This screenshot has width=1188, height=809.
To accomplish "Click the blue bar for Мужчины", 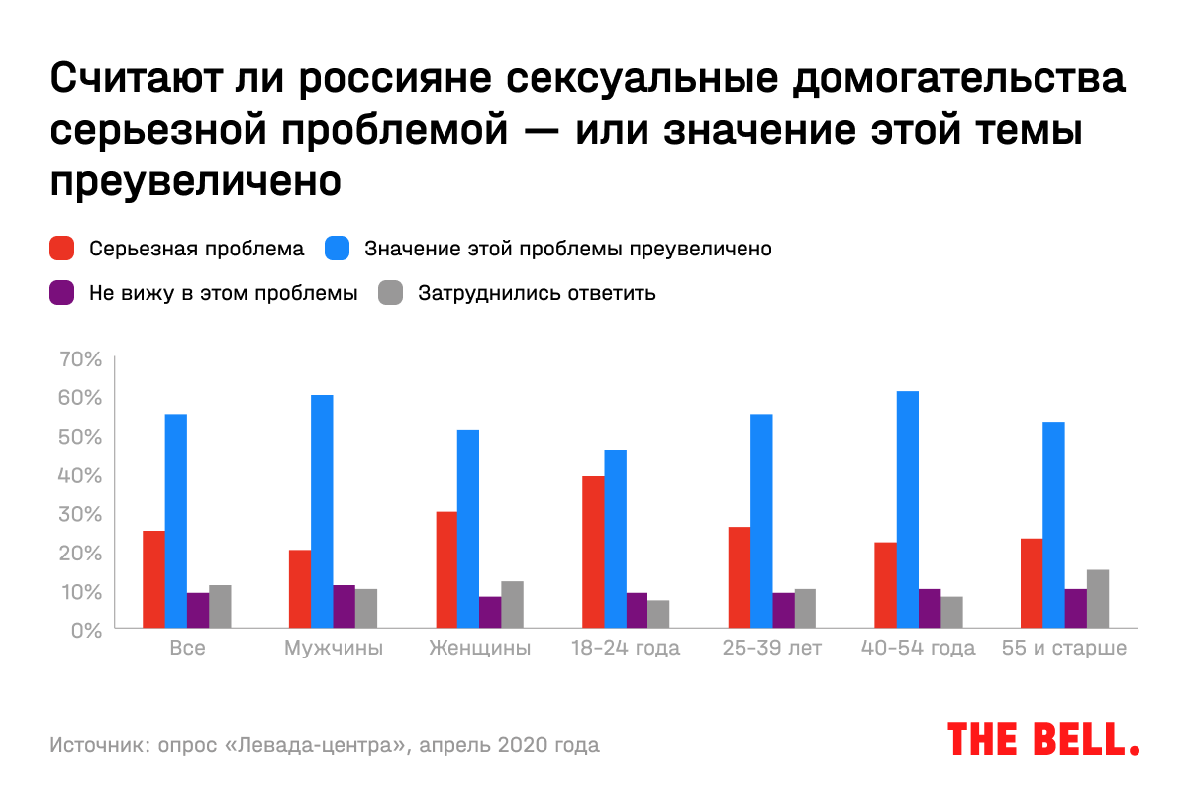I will (x=322, y=511).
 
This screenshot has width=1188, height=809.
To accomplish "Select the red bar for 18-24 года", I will (x=593, y=552).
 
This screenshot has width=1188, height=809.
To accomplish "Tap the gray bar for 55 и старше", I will (x=1098, y=598).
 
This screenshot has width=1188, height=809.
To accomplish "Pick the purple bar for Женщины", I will (x=490, y=612).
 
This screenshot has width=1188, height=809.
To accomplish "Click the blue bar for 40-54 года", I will (x=908, y=509).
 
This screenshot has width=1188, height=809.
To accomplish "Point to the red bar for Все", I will (x=153, y=579).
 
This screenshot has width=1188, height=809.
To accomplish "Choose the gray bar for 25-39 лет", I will (x=805, y=608).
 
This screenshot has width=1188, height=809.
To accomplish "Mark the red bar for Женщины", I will (x=446, y=569).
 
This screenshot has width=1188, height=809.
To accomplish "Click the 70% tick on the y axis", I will (x=81, y=358).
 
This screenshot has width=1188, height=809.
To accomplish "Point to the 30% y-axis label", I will (x=81, y=514).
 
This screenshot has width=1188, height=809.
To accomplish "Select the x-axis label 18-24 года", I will (x=626, y=649).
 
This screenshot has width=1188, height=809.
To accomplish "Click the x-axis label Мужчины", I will (x=333, y=649).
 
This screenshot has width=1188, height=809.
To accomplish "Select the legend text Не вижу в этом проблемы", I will (x=223, y=293).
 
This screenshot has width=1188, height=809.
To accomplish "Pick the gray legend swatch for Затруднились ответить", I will (x=392, y=293).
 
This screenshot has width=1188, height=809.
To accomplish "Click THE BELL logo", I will (x=1043, y=739).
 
